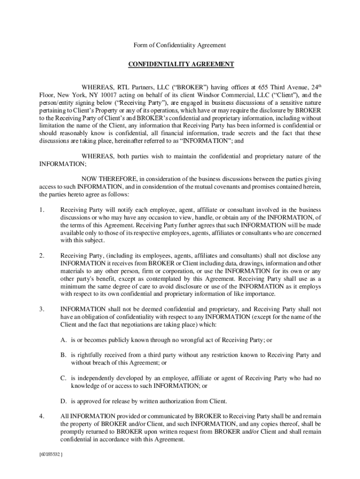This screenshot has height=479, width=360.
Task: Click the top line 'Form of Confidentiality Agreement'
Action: click(180, 45)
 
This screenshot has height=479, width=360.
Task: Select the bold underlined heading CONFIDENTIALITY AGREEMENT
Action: click(180, 64)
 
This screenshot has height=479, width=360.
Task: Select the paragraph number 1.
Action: click(42, 210)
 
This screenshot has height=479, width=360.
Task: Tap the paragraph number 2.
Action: click(42, 255)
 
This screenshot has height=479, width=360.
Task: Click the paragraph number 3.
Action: click(42, 309)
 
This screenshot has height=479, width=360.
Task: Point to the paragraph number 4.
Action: click(42, 416)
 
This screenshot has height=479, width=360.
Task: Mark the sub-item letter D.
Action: click(63, 401)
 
